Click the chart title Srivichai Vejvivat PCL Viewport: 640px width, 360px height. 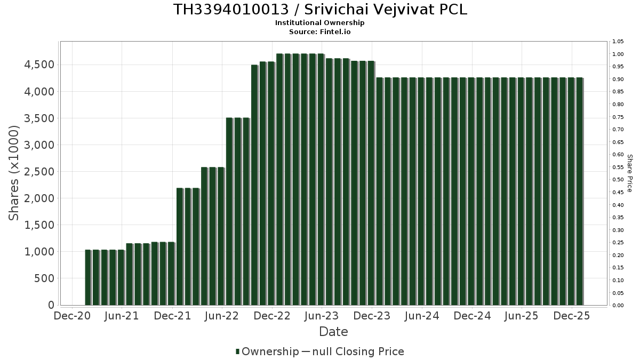(x=320, y=10)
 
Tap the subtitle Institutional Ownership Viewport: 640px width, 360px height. (x=320, y=23)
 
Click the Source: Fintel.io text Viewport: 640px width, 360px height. (x=320, y=31)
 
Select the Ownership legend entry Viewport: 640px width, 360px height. (x=267, y=351)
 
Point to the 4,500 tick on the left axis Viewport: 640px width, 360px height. (x=37, y=65)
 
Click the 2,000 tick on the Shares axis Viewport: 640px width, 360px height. (x=37, y=198)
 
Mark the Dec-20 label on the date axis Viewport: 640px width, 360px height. (x=73, y=316)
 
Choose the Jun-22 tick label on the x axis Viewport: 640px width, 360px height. (x=222, y=316)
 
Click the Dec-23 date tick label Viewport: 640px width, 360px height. (x=372, y=316)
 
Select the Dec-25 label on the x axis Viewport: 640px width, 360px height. (x=572, y=316)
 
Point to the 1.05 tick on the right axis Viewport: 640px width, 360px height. (x=618, y=42)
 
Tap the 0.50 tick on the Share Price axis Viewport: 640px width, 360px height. (x=618, y=180)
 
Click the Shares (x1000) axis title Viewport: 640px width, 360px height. (x=14, y=173)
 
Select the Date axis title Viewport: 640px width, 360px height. (x=333, y=332)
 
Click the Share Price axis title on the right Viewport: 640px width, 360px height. (x=629, y=173)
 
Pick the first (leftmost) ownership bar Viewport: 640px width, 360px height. (x=88, y=277)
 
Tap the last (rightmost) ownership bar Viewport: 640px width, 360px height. (x=580, y=192)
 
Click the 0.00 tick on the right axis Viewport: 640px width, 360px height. (x=618, y=306)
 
